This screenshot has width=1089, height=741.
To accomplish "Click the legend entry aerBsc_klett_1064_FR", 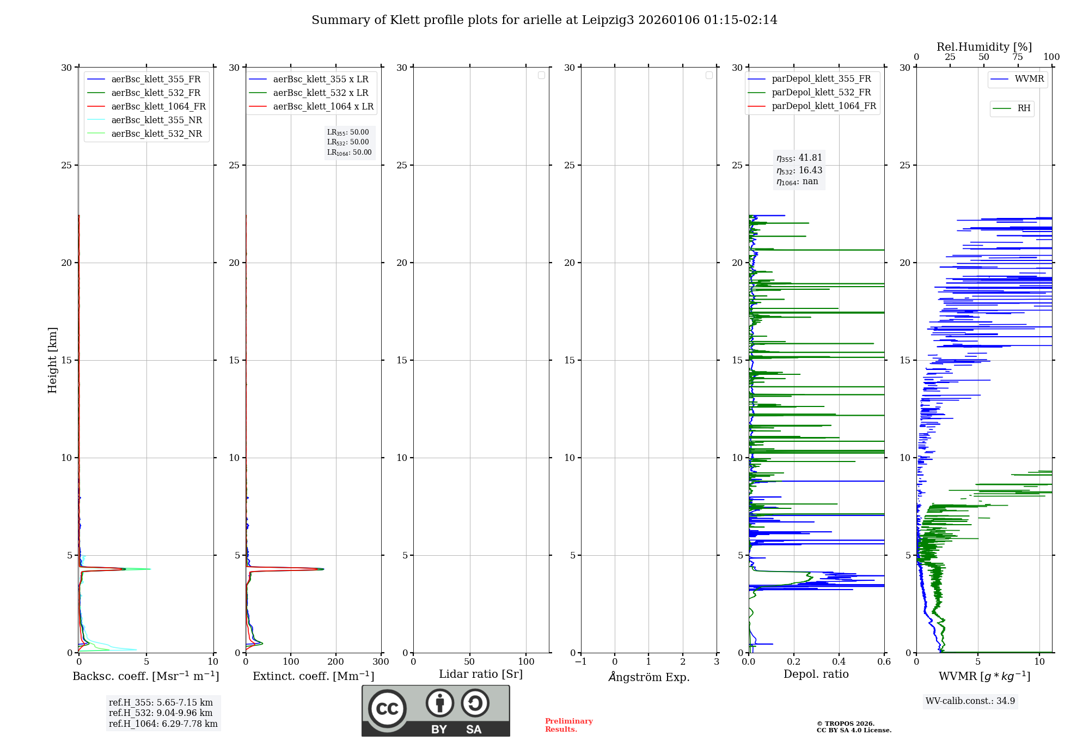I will click(x=158, y=106).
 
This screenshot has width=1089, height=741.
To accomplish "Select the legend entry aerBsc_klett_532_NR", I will click(x=156, y=133).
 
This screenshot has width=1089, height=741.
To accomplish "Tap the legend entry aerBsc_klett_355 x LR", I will click(x=321, y=79).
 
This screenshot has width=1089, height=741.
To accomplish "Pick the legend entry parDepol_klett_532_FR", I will click(x=821, y=93).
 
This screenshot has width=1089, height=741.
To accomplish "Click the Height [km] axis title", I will click(x=52, y=360).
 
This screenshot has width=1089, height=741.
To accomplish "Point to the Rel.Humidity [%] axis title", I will click(x=984, y=47).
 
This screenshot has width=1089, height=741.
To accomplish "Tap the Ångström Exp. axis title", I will click(x=648, y=677).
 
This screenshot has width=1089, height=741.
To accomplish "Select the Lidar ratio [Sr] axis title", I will click(x=480, y=674).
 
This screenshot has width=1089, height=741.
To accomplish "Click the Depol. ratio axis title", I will click(x=816, y=674).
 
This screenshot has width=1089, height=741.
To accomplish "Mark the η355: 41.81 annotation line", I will click(x=799, y=158).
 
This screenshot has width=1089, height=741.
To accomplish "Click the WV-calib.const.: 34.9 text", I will click(x=970, y=701).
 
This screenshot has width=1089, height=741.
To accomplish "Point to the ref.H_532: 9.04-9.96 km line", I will click(x=161, y=713).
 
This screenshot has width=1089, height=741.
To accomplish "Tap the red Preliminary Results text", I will click(x=568, y=725).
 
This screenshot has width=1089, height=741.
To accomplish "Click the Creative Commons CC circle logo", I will click(x=387, y=709).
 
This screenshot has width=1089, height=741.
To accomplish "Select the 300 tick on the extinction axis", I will click(x=381, y=661).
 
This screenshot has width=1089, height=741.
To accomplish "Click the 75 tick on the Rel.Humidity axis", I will click(x=1017, y=57).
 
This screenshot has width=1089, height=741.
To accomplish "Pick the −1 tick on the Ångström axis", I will click(x=580, y=661).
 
